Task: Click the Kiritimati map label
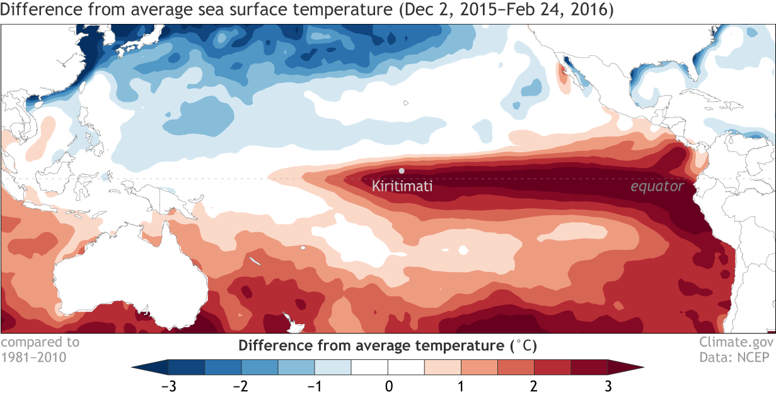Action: [402, 186]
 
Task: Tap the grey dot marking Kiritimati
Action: [402, 171]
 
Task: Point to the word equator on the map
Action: [657, 186]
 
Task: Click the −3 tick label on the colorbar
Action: [168, 385]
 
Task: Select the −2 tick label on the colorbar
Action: [241, 385]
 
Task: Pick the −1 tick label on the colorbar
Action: [314, 385]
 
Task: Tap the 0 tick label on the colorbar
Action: [388, 385]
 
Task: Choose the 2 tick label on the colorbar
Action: [535, 385]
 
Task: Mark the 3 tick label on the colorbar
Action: [608, 385]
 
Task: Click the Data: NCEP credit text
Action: [736, 357]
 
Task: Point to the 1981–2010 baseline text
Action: [33, 357]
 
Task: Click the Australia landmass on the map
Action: [126, 277]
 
